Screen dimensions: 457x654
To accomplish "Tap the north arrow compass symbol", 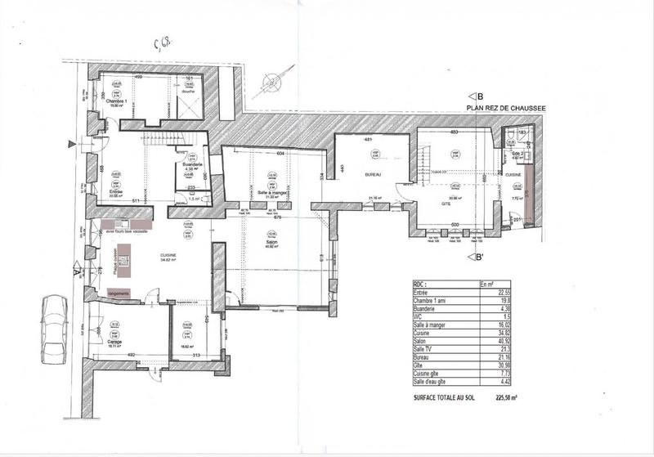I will tap(269, 81).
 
